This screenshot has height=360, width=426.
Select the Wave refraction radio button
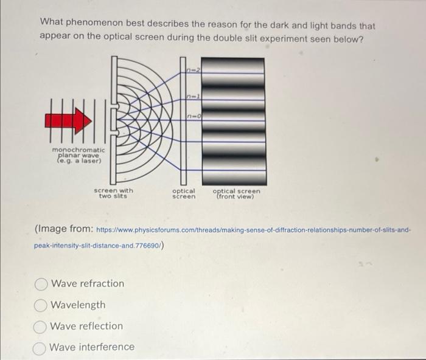[41, 284]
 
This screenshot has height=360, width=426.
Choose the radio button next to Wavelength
[41, 305]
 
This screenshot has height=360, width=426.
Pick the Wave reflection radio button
[40, 327]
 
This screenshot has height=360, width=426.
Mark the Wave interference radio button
[40, 348]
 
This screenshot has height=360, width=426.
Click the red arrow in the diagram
[68, 120]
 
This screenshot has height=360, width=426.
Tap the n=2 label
[194, 70]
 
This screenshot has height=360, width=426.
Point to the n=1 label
[194, 96]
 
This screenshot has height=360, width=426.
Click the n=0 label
[194, 117]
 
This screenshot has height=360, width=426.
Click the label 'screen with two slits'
[113, 193]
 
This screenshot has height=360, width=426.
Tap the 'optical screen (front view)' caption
[236, 194]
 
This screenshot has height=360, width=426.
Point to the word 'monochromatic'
[79, 150]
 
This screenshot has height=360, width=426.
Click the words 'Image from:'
[64, 229]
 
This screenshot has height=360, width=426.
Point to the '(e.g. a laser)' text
[79, 161]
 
